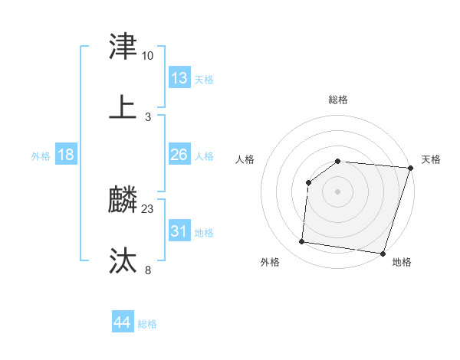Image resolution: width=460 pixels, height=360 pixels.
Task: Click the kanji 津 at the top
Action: pos(123,47)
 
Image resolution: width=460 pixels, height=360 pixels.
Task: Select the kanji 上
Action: pos(123,108)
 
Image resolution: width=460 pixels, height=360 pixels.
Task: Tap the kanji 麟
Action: pos(123,201)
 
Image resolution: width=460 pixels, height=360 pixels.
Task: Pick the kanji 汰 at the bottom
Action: pos(123,261)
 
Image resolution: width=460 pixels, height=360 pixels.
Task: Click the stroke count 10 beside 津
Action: pos(147,56)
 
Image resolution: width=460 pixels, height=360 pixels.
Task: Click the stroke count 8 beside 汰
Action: pos(148,270)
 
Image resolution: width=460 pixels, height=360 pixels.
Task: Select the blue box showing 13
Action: pos(179,78)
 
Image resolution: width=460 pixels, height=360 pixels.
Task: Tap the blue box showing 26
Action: pos(179,155)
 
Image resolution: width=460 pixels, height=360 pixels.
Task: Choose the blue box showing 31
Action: pos(179,231)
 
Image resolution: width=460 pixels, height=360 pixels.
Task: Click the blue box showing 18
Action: pos(66,155)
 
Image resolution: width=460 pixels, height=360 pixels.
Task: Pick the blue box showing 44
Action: pos(123,322)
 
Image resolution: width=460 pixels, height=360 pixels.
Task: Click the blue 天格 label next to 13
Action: pos(204,80)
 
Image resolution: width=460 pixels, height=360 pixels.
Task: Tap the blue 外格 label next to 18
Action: pos(41,156)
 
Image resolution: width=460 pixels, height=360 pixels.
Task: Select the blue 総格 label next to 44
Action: pos(147,324)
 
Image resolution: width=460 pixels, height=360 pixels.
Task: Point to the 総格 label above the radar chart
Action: pos(338,100)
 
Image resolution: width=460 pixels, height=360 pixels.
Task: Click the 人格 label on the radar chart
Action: pos(245,159)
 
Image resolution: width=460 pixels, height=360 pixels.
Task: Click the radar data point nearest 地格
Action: pos(382,254)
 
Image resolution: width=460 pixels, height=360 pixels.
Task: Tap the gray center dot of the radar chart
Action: pos(338,191)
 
